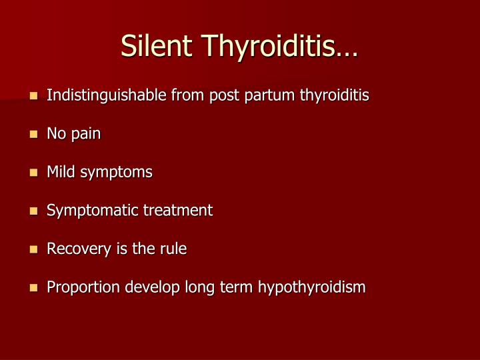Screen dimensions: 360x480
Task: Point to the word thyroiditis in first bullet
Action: [x=334, y=95]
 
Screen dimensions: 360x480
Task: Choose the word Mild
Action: [x=61, y=172]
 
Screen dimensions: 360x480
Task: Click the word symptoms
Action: [x=116, y=173]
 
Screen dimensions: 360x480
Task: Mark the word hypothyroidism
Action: [x=312, y=288]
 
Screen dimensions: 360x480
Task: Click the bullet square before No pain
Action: [x=33, y=135]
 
